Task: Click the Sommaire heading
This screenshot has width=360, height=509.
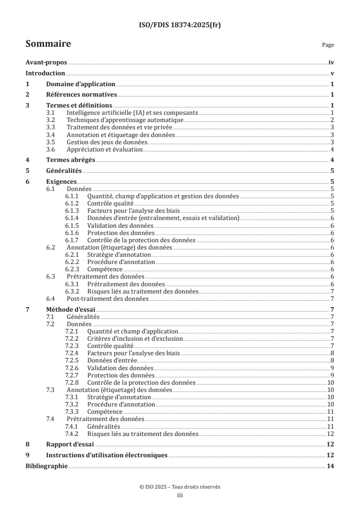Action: pos(48,44)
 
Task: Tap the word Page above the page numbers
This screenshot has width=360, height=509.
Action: pos(328,45)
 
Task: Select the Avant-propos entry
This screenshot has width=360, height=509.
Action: pos(46,63)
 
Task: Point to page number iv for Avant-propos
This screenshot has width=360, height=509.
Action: pos(331,63)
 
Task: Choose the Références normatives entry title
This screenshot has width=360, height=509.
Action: pos(82,94)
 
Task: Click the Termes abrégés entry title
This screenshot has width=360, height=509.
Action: pos(70,160)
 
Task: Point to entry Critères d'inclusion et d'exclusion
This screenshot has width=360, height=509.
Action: pos(135,338)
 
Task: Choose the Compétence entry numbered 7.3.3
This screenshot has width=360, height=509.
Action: pos(104,411)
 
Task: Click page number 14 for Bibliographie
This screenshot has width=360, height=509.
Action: pos(331,465)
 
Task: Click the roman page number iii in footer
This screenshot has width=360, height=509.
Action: pos(180,495)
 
